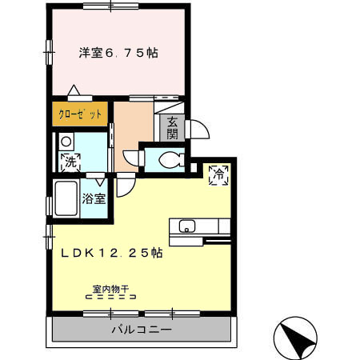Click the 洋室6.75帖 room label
118,54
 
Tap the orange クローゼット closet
80,114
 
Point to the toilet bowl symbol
167,160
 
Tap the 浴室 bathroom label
95,199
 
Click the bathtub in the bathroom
66,198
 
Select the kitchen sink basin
186,224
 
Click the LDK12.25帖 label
113,251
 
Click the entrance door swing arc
197,128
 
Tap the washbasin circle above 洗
66,142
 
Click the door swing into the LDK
126,186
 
